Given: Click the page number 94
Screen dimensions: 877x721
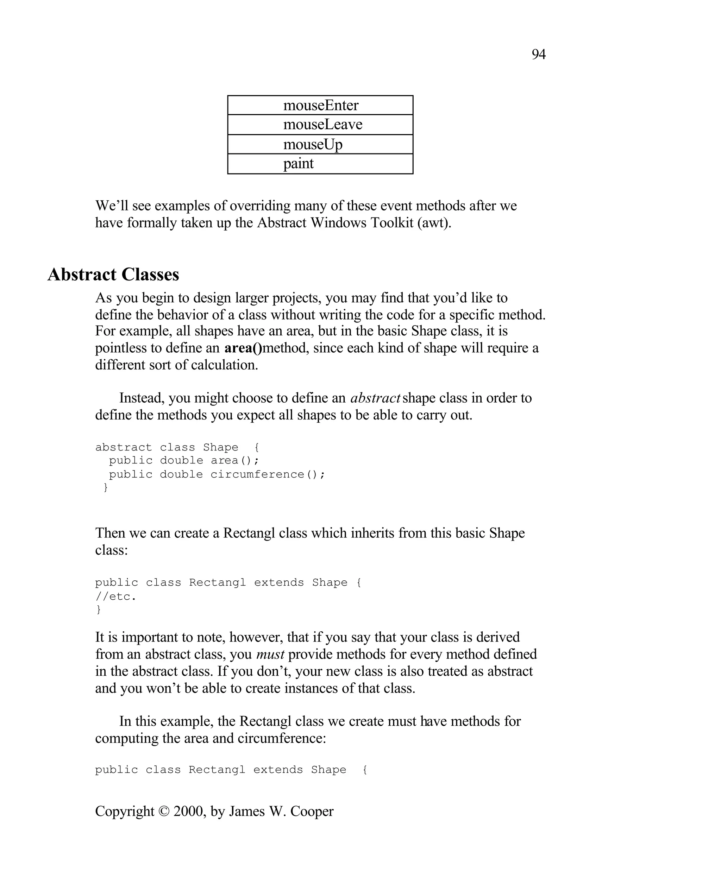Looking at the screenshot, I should tap(538, 55).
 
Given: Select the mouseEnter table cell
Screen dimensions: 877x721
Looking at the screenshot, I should tap(320, 106).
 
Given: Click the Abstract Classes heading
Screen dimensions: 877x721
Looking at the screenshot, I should tap(113, 275).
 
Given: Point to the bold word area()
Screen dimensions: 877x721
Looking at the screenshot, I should tap(243, 348).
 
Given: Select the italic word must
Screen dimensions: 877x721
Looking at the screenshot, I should tap(270, 655).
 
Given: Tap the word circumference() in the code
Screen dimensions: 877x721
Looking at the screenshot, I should tap(267, 474).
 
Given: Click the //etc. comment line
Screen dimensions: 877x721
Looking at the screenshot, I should tap(115, 596).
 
